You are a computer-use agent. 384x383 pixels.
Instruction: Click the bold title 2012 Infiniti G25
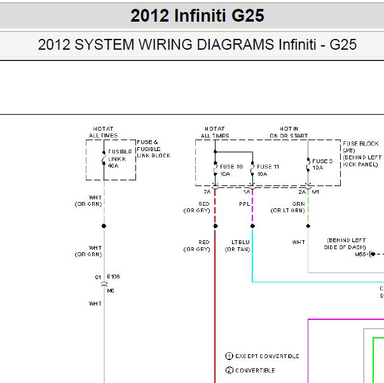tap(197, 16)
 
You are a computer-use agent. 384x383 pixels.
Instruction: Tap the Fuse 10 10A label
tap(231, 170)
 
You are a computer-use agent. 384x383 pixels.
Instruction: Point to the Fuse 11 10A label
tap(268, 170)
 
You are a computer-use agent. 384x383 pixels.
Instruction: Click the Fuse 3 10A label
tap(322, 164)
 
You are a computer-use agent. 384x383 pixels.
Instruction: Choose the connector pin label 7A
tap(207, 192)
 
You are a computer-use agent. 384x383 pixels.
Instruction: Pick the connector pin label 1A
tap(247, 192)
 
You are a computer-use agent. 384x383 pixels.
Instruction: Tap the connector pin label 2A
tap(302, 192)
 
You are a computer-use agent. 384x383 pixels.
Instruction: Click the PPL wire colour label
tap(244, 204)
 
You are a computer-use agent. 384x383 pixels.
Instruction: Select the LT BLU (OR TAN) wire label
tap(238, 246)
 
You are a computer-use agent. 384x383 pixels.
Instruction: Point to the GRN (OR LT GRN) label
tap(288, 207)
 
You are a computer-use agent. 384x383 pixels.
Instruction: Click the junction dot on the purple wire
tap(252, 226)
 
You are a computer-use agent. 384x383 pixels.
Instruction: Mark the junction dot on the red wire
tap(216, 226)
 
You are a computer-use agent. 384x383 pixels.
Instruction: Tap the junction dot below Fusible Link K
tap(104, 226)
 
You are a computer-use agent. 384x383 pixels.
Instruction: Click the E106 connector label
tap(113, 277)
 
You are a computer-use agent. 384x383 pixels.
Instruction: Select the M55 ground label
tap(360, 254)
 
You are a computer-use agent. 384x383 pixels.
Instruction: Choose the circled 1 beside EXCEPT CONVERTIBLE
tap(229, 356)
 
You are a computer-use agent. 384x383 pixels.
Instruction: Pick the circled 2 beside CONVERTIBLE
tap(229, 370)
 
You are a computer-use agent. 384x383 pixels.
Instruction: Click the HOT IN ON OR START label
tap(289, 132)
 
